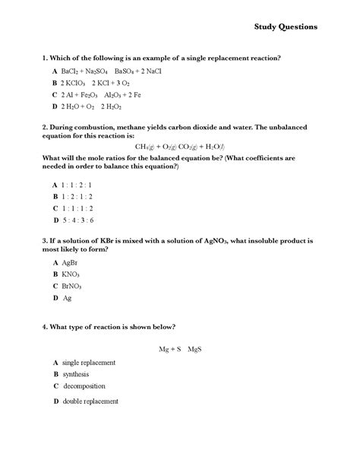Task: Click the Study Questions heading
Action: tap(286, 26)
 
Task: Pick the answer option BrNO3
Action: tap(72, 286)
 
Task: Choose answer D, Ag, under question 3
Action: tap(67, 298)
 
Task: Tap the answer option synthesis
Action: tap(75, 375)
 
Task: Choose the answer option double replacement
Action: tap(90, 401)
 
